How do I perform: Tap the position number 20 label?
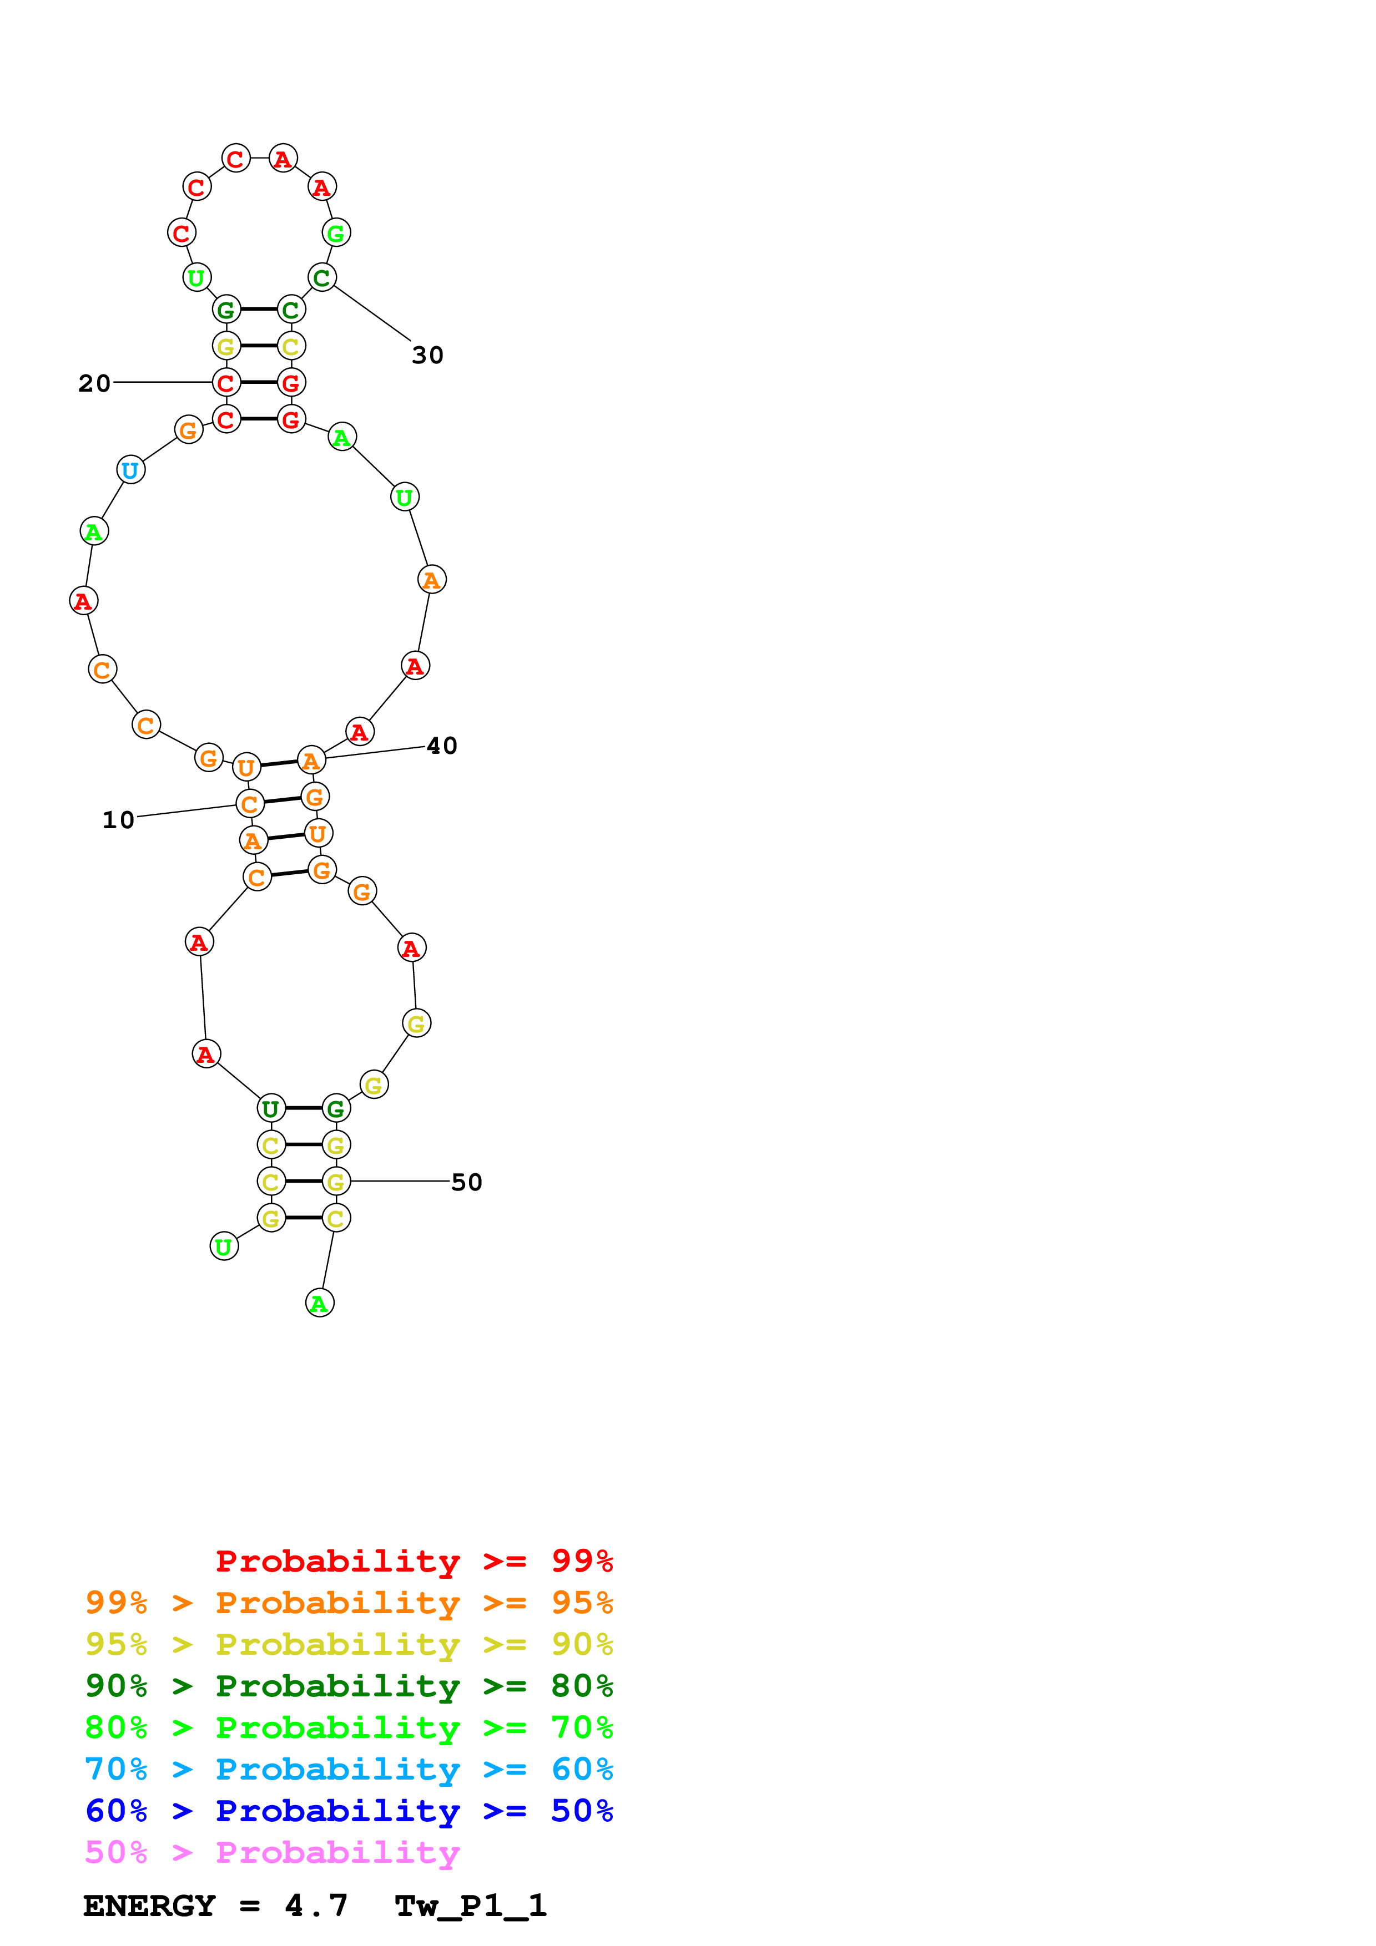point(94,383)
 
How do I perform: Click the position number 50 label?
point(466,1182)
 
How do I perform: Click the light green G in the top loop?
point(336,233)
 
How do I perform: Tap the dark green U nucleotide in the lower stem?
point(271,1108)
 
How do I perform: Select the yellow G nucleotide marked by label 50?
point(336,1182)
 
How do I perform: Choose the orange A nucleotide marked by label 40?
point(311,761)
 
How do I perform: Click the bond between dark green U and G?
point(304,1108)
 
